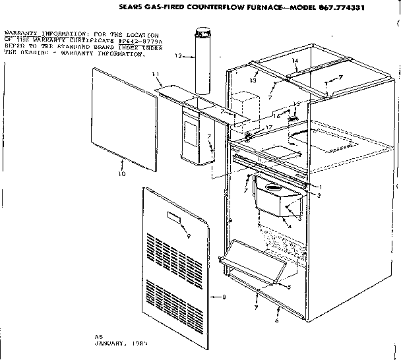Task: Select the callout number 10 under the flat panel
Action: pos(121,174)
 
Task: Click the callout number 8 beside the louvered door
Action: pos(224,297)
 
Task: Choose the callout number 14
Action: pos(296,61)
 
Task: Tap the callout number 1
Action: pos(320,187)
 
